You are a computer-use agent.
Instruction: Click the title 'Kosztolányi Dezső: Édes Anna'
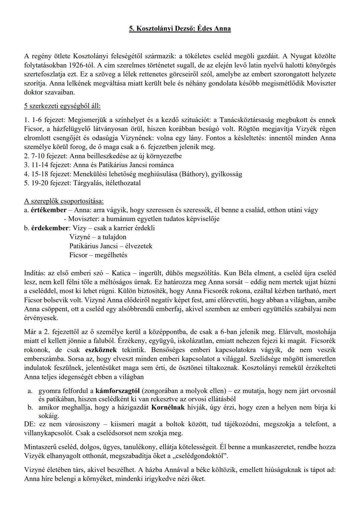tap(180, 29)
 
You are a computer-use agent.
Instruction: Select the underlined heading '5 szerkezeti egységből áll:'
tap(62, 106)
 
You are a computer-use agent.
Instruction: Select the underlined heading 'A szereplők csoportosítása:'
tap(64, 201)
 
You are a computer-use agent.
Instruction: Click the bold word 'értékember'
tap(49, 210)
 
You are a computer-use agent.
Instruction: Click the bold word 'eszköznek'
tap(101, 350)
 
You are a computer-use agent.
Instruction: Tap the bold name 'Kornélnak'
tap(168, 407)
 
